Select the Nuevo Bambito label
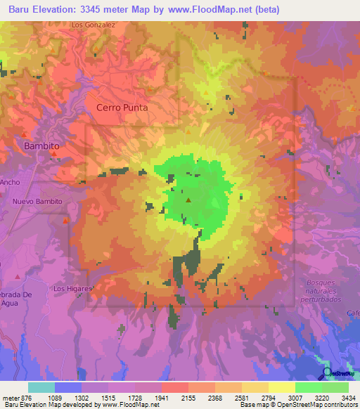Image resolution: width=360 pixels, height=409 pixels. (x=37, y=202)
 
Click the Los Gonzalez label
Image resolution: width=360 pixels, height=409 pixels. (x=93, y=24)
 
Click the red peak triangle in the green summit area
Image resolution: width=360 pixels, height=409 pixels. (x=188, y=201)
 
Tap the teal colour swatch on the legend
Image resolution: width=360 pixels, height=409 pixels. (x=41, y=387)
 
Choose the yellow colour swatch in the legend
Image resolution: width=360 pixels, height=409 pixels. (x=282, y=387)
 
